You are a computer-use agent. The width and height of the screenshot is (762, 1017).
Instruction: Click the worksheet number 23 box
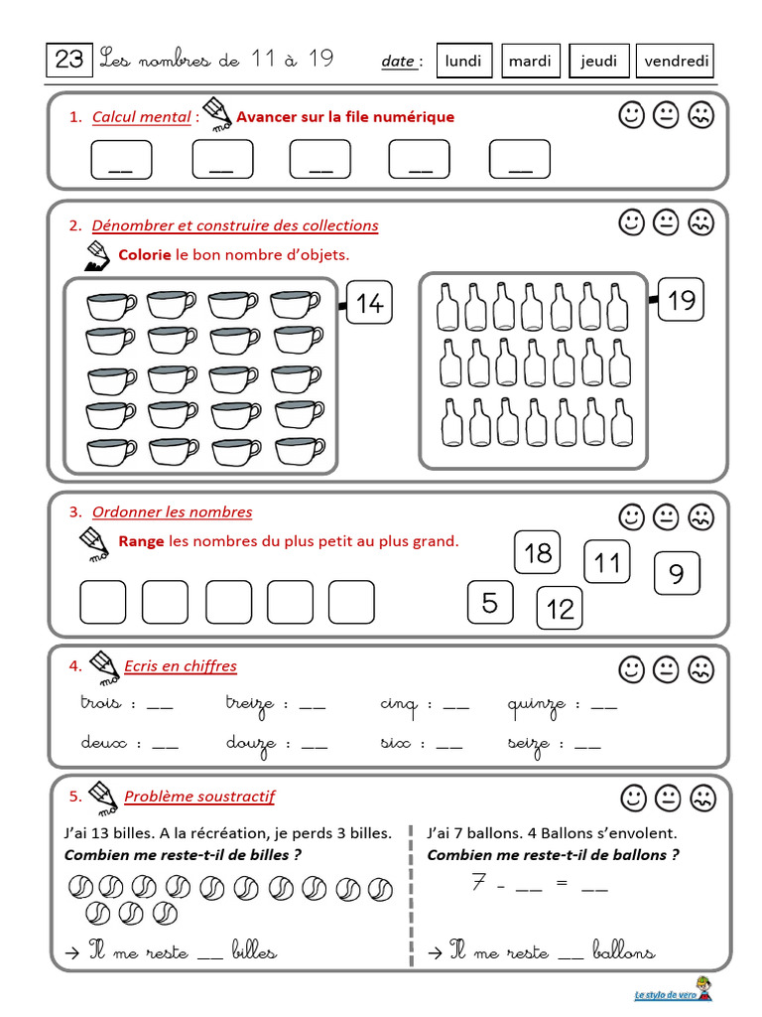tap(69, 61)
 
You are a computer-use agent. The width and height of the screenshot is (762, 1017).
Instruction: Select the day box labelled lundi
tap(463, 61)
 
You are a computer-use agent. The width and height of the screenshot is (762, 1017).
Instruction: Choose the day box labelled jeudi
tap(598, 61)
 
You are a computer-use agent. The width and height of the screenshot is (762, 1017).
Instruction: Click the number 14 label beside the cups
tap(369, 303)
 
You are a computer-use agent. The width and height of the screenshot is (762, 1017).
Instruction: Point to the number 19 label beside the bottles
tap(681, 299)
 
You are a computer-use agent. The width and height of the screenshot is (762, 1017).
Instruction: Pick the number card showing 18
tap(538, 552)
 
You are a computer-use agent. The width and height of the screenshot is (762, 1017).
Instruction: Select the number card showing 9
tap(677, 574)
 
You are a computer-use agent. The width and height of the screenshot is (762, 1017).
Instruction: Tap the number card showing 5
tap(490, 602)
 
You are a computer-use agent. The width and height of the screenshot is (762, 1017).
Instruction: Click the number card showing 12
tap(561, 608)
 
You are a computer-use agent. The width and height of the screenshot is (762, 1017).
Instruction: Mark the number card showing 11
tap(606, 563)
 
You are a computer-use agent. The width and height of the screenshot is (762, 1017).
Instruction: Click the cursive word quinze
tap(536, 705)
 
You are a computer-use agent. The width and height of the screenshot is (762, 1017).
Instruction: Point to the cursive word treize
tap(249, 704)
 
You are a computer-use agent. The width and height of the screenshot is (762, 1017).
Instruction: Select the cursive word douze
tap(251, 743)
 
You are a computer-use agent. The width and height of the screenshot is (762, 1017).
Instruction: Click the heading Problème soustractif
tap(198, 797)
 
